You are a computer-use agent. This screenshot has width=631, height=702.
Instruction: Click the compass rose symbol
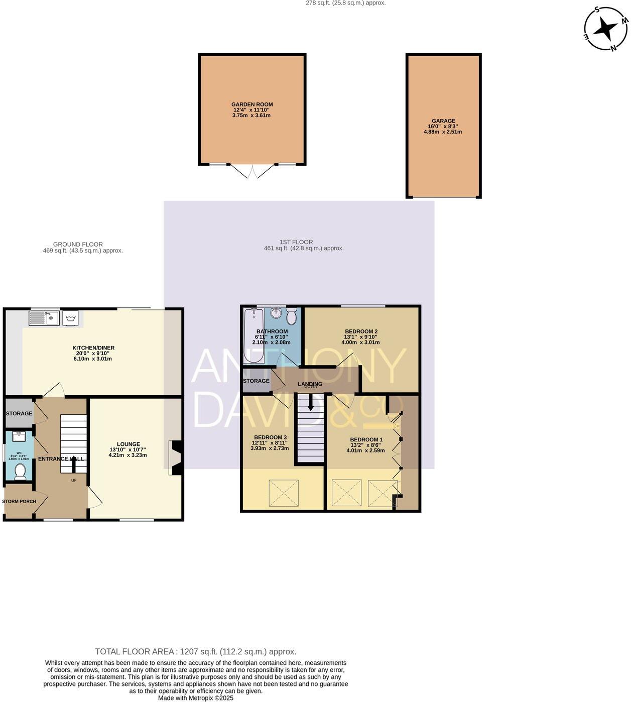coord(606,29)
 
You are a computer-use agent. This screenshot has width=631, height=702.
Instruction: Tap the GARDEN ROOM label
coord(252,104)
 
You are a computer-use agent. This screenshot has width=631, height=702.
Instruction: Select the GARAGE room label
coord(443,121)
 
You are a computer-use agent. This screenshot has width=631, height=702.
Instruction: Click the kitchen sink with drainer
coord(44,318)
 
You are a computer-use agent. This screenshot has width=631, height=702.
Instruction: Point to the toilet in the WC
coord(20,472)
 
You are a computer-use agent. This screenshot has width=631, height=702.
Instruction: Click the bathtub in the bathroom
coord(249,335)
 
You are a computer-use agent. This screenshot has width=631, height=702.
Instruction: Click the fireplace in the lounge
coord(175,458)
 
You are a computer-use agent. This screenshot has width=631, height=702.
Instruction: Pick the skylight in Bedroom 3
coord(284,493)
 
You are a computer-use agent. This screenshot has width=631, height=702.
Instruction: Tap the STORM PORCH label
coord(19,501)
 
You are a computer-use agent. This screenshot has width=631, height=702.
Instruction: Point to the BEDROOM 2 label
coord(361,331)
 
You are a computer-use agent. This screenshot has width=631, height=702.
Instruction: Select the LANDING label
coord(310,384)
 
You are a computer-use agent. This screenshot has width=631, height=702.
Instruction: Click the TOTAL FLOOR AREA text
coord(196,651)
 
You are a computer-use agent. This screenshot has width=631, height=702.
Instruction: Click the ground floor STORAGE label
coord(19,413)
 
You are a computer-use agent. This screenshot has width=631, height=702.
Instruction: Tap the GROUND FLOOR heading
coord(78,244)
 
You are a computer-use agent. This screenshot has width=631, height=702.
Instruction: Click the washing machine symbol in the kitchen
coord(70,318)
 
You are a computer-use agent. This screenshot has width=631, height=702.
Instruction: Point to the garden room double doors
coord(253,171)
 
